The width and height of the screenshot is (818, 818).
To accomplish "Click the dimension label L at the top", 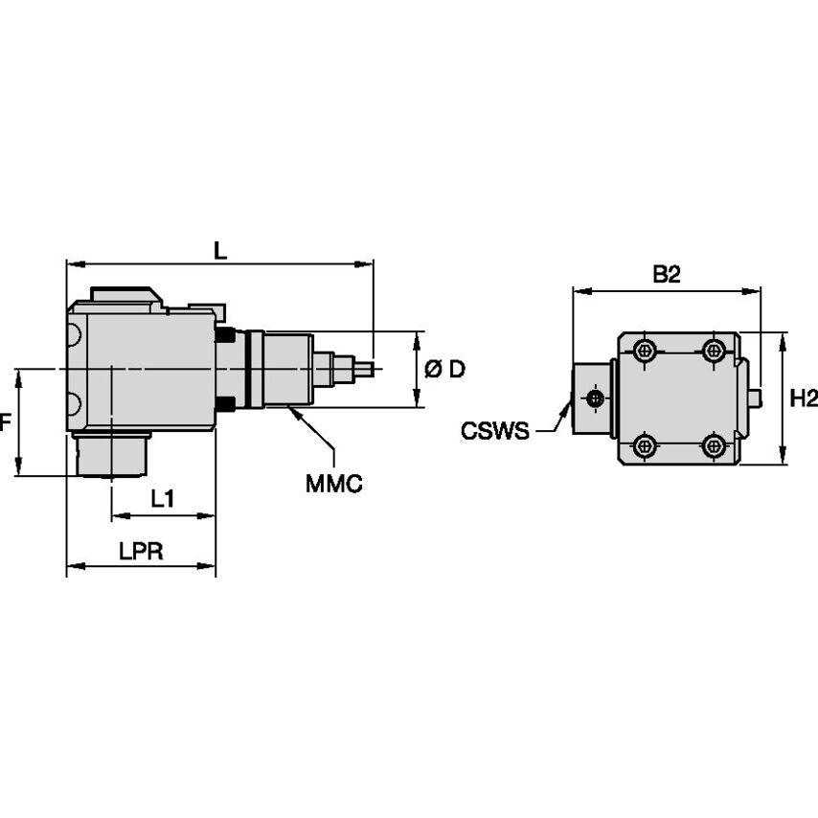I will (220, 251).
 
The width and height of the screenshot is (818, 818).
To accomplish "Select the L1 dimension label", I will (163, 498).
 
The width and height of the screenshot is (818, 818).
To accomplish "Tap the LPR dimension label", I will (141, 552).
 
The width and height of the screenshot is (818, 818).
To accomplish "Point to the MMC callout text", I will (333, 484).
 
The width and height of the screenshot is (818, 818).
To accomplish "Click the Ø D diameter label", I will (444, 369).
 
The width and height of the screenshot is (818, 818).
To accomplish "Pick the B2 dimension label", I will (666, 275).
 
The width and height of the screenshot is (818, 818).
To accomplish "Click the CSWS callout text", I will (494, 431).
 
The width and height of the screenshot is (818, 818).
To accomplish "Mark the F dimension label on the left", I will (6, 421).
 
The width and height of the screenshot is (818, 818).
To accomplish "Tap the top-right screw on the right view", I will (714, 351).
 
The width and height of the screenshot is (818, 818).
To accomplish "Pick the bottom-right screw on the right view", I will (714, 445).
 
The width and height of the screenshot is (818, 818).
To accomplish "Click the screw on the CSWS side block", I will (596, 398).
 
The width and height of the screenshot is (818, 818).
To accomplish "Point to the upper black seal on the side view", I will (226, 335).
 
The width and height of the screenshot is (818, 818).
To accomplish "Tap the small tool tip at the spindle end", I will (365, 367).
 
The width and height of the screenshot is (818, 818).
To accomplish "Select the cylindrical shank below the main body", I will (111, 454).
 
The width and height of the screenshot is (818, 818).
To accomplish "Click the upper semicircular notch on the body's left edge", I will (73, 335).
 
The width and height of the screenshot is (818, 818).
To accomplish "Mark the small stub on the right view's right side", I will (757, 396).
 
